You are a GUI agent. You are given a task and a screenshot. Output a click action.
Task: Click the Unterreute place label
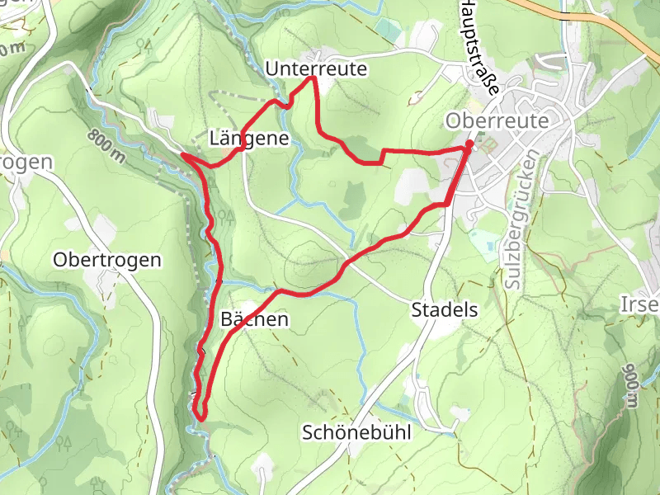316,69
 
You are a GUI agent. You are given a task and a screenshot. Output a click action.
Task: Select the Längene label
249,139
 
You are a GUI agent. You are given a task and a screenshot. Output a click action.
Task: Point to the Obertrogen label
107,260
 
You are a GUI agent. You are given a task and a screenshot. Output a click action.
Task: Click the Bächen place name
255,319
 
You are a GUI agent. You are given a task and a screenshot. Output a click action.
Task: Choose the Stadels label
445,311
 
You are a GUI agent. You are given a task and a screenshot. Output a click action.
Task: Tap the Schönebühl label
356,432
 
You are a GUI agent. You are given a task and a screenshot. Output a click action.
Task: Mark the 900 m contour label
631,384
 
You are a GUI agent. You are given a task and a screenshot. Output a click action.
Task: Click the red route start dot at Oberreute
469,145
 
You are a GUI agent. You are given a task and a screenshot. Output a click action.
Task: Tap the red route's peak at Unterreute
313,78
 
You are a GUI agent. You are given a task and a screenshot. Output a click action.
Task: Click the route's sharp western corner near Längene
182,154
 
